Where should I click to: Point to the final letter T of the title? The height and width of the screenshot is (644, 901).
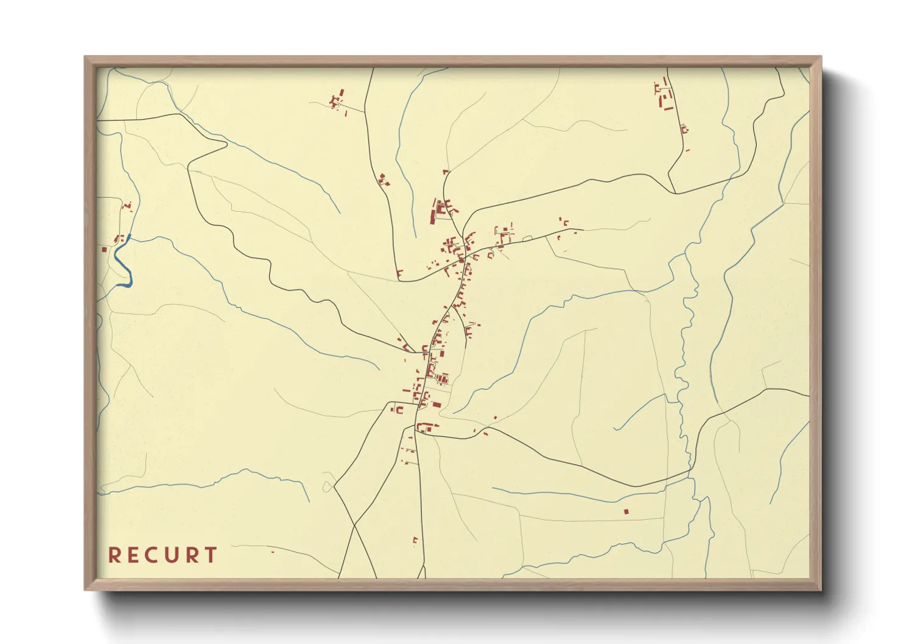point(211,555)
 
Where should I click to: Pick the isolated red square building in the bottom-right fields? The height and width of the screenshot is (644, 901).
point(626,511)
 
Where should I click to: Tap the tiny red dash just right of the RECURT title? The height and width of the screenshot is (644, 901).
point(272,552)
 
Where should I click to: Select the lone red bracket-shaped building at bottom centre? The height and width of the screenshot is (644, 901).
point(415,540)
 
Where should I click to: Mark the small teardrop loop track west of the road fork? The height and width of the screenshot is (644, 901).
point(329,486)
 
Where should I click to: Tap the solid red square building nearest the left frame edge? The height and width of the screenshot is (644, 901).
point(104,250)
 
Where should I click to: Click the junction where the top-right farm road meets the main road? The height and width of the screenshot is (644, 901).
point(676,193)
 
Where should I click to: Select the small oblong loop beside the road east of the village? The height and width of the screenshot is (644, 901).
point(527,239)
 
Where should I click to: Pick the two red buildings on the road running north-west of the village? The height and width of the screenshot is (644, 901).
point(384,180)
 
